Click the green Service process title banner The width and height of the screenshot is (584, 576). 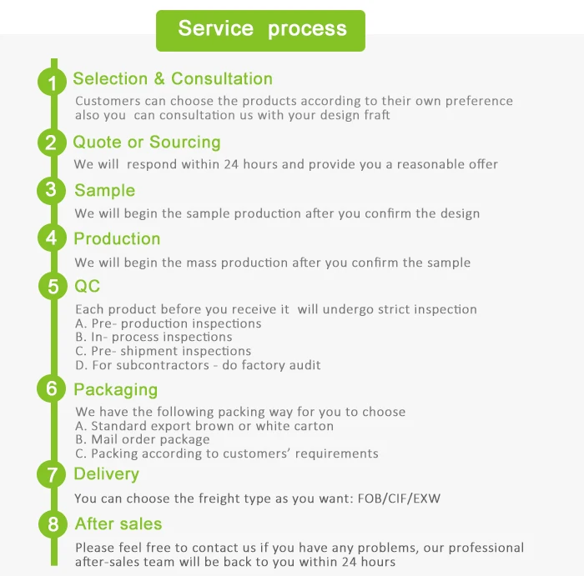[261, 30]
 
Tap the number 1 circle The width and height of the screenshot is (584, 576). [53, 83]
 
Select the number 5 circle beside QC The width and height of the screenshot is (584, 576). [53, 288]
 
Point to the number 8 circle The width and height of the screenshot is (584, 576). [53, 525]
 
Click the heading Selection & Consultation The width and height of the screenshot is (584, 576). [173, 79]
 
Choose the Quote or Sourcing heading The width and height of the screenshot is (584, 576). [147, 143]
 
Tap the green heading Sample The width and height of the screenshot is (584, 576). [104, 191]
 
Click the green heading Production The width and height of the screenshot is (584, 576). [117, 239]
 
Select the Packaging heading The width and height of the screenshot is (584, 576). [115, 390]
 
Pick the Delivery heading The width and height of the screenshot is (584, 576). [106, 474]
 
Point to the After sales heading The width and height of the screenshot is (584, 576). [118, 524]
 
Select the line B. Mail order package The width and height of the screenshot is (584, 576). [143, 440]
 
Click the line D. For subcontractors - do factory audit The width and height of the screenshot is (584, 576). [198, 365]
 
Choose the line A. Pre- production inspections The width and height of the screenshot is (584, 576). [169, 323]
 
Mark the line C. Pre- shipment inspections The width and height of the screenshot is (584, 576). [164, 351]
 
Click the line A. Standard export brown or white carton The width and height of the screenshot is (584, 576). [204, 426]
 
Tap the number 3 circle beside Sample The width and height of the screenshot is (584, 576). [53, 191]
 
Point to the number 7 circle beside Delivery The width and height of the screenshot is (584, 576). [53, 475]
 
